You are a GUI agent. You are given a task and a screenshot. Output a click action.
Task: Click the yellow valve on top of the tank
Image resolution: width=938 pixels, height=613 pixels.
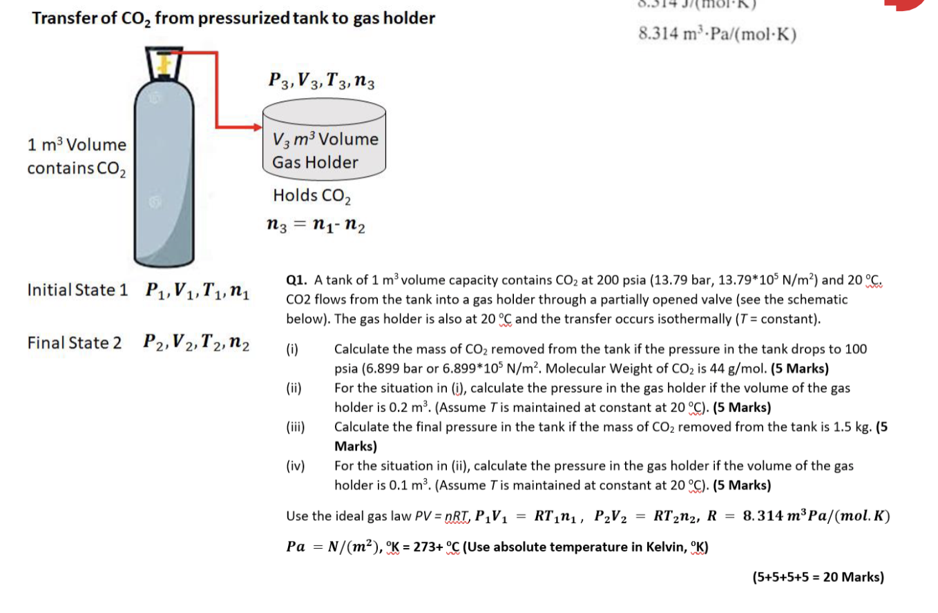point(164,64)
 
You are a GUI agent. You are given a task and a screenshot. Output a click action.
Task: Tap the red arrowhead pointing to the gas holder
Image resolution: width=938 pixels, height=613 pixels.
point(256,127)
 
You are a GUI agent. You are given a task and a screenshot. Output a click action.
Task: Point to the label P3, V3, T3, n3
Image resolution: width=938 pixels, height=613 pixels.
point(321,81)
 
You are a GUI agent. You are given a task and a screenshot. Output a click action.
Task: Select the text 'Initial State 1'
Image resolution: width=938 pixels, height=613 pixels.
point(77,289)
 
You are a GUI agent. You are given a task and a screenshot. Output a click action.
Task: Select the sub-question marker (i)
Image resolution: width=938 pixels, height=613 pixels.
point(292,349)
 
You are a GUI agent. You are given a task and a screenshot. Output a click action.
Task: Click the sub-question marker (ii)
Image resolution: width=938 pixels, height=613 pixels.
point(294,388)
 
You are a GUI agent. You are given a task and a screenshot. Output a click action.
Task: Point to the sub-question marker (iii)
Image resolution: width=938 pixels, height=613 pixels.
point(295,427)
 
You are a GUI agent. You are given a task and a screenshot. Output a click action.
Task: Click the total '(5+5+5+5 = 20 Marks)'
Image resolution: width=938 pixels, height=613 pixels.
point(818,577)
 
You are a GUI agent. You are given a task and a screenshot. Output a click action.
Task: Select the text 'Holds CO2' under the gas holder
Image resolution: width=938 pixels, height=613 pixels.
point(312,195)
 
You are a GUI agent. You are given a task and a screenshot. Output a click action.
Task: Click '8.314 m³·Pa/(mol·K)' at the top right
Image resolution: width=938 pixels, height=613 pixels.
point(718,34)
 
